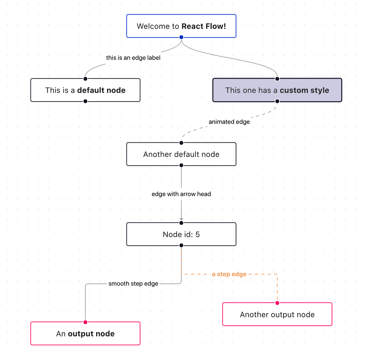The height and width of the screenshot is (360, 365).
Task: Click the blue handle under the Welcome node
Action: pyautogui.click(x=181, y=37)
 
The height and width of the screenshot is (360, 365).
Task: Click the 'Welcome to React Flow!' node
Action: pyautogui.click(x=181, y=26)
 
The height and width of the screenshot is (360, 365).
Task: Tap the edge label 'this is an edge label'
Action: pyautogui.click(x=133, y=58)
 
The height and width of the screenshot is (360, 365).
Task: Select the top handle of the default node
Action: pyautogui.click(x=85, y=79)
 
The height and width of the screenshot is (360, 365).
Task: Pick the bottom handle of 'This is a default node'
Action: pyautogui.click(x=85, y=101)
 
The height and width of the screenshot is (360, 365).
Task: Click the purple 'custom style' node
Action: pyautogui.click(x=277, y=90)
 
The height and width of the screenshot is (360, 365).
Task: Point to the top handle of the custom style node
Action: pyautogui.click(x=277, y=79)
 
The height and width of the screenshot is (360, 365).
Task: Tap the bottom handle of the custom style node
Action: pyautogui.click(x=277, y=101)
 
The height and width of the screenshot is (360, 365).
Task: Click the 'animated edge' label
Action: pyautogui.click(x=229, y=122)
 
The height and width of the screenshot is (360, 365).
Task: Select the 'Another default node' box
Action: pyautogui.click(x=181, y=154)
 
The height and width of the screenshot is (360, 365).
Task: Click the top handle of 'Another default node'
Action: pyautogui.click(x=181, y=143)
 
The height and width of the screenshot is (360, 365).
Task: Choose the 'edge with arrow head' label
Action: pyautogui.click(x=181, y=194)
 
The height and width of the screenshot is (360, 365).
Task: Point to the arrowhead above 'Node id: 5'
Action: pyautogui.click(x=181, y=219)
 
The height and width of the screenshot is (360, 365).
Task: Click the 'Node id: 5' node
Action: pyautogui.click(x=181, y=234)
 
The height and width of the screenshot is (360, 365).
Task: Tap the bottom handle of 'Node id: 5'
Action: pyautogui.click(x=181, y=245)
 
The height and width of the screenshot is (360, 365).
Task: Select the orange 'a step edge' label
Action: pyautogui.click(x=229, y=274)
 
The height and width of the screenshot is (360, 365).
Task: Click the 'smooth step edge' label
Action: pyautogui.click(x=133, y=284)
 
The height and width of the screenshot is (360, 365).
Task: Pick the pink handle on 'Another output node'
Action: pyautogui.click(x=277, y=303)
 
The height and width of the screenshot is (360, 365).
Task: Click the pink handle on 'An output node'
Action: pyautogui.click(x=85, y=322)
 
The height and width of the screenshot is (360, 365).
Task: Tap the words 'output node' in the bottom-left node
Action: pyautogui.click(x=91, y=334)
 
